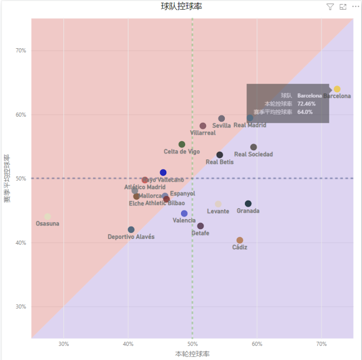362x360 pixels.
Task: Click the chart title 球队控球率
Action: coord(182,6)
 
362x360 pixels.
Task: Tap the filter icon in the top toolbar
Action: coord(330,7)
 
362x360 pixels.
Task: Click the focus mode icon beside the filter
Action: coord(343,7)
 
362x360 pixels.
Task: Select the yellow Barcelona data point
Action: coord(337,89)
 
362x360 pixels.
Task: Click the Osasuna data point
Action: coord(47,217)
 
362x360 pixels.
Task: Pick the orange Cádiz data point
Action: coord(240,240)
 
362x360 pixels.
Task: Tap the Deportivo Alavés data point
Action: coord(131,230)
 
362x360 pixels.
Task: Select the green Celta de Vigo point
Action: coord(182,144)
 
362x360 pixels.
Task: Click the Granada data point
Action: coord(248,204)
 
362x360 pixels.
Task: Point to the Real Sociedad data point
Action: coord(253,147)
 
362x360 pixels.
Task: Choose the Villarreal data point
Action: coord(203,126)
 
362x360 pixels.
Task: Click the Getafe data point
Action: coord(201,226)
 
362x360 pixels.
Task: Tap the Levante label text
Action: coord(218,212)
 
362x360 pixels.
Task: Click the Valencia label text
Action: coord(184,221)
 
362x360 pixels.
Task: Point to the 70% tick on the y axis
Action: coord(21,50)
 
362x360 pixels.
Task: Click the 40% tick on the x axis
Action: coord(128,344)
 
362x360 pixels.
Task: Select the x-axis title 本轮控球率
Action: coord(192,354)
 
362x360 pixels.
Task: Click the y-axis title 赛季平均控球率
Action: coord(7,178)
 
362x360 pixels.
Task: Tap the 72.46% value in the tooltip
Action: coord(306,104)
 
